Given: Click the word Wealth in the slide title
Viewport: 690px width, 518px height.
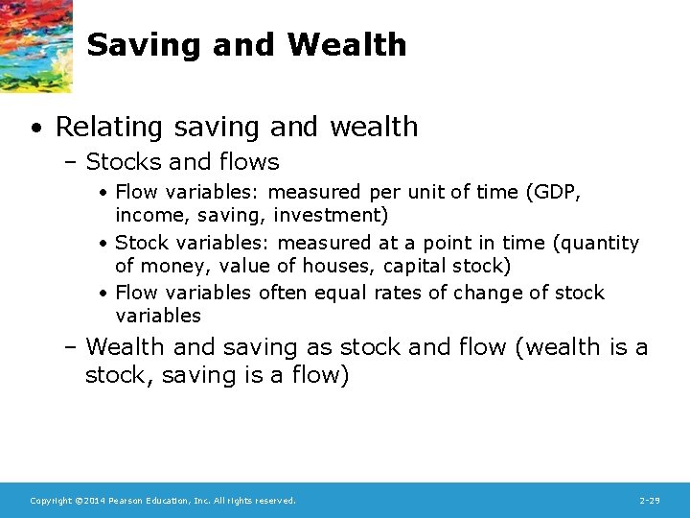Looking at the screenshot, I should pyautogui.click(x=347, y=45).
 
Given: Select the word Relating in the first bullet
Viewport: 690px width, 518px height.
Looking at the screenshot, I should pyautogui.click(x=103, y=127).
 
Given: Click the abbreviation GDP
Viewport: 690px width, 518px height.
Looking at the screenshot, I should pyautogui.click(x=558, y=192).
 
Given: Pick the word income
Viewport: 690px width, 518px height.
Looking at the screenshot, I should pyautogui.click(x=147, y=216).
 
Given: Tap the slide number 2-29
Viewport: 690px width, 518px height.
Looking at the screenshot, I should pyautogui.click(x=649, y=501).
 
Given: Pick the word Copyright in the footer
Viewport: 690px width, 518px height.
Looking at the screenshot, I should pyautogui.click(x=50, y=501).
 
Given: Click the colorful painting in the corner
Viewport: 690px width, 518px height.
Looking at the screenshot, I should pyautogui.click(x=35, y=43).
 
